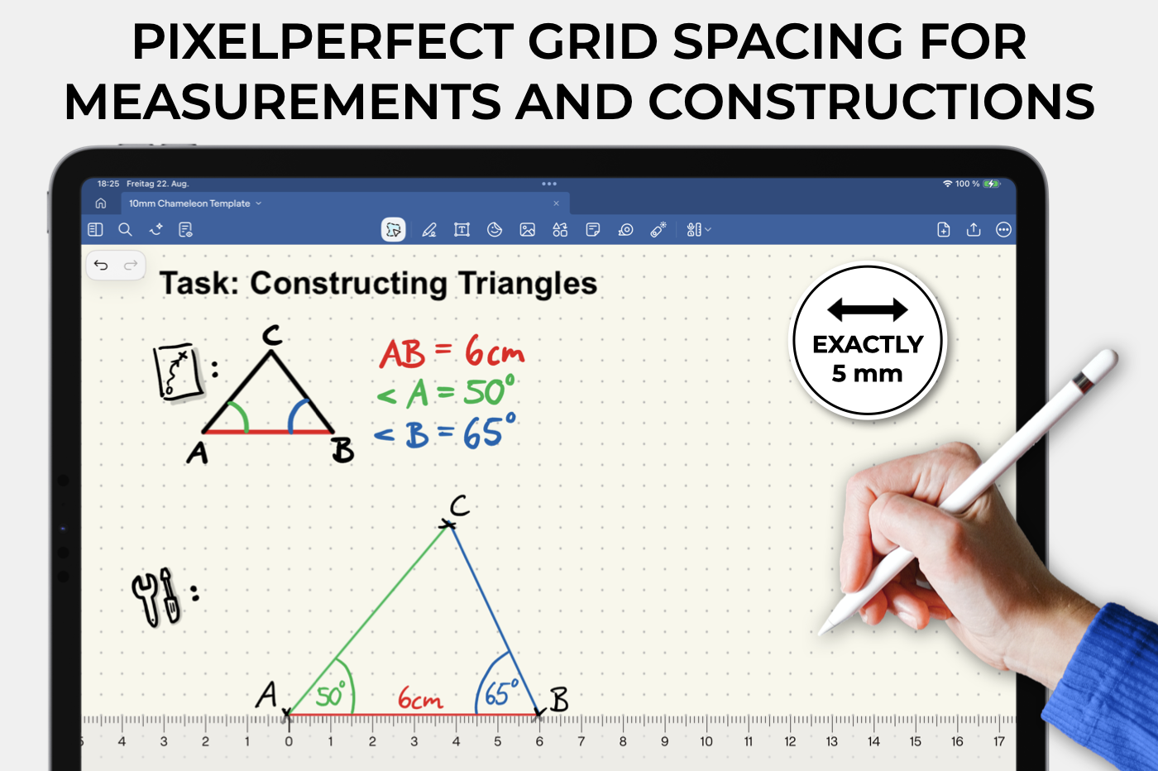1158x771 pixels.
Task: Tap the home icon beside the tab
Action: click(101, 204)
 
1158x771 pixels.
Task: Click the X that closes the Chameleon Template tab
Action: click(556, 204)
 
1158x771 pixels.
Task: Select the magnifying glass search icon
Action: click(125, 230)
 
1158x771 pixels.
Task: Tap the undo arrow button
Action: click(101, 266)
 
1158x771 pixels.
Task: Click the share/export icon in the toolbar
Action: click(974, 229)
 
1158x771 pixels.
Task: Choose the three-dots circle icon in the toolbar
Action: click(1003, 230)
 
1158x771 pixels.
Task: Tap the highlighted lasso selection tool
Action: click(394, 230)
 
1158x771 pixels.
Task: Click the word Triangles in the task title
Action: click(528, 284)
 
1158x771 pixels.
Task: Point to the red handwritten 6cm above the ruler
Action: click(420, 698)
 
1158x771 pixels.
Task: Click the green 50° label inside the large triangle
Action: click(330, 694)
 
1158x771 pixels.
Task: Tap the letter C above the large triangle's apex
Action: click(460, 505)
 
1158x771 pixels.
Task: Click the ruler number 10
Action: click(706, 741)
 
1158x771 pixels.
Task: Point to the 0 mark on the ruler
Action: click(289, 741)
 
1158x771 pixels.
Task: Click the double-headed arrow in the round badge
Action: click(868, 309)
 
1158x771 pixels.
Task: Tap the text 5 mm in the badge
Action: click(867, 373)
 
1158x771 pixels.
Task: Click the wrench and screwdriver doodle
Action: click(156, 597)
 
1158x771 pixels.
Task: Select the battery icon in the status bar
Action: click(992, 184)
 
